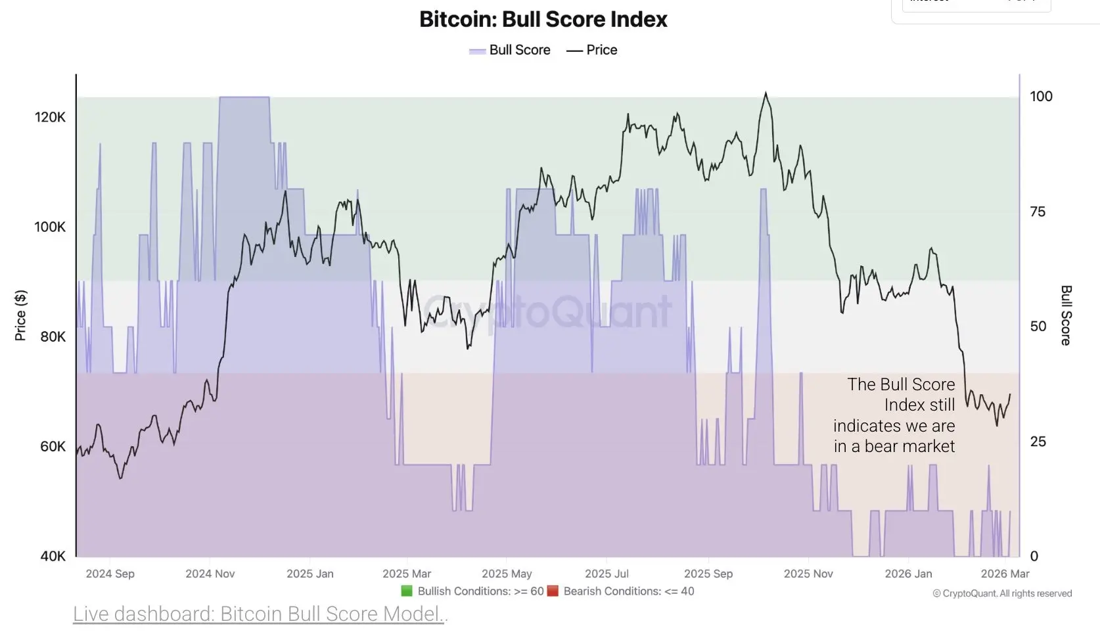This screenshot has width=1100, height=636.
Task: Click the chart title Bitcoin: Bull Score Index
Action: [x=543, y=19]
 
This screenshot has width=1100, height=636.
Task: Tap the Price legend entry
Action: [x=592, y=50]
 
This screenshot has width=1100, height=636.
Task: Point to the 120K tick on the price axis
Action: [x=50, y=118]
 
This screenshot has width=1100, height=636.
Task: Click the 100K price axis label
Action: [x=50, y=227]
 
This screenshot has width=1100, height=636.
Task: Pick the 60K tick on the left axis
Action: [x=53, y=447]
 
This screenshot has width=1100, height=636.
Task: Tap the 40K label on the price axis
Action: [x=53, y=556]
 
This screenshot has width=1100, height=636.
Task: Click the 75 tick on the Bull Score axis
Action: [x=1038, y=212]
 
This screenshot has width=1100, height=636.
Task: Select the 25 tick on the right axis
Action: [x=1038, y=442]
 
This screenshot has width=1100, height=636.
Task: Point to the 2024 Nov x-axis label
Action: [x=210, y=574]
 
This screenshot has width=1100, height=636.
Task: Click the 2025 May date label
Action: [x=507, y=574]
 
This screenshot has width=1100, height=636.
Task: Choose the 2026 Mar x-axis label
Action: [x=1005, y=574]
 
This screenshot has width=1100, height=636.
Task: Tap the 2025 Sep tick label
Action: [x=708, y=574]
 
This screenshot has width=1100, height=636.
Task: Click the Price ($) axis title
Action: [x=20, y=315]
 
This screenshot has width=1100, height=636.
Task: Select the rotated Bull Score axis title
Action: [x=1066, y=315]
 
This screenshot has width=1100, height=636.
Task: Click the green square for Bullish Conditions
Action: [x=407, y=591]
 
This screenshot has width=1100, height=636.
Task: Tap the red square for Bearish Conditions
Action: [x=553, y=591]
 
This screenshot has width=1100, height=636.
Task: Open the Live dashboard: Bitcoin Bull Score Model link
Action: [x=260, y=614]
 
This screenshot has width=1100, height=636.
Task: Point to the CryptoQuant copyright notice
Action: [x=1002, y=593]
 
